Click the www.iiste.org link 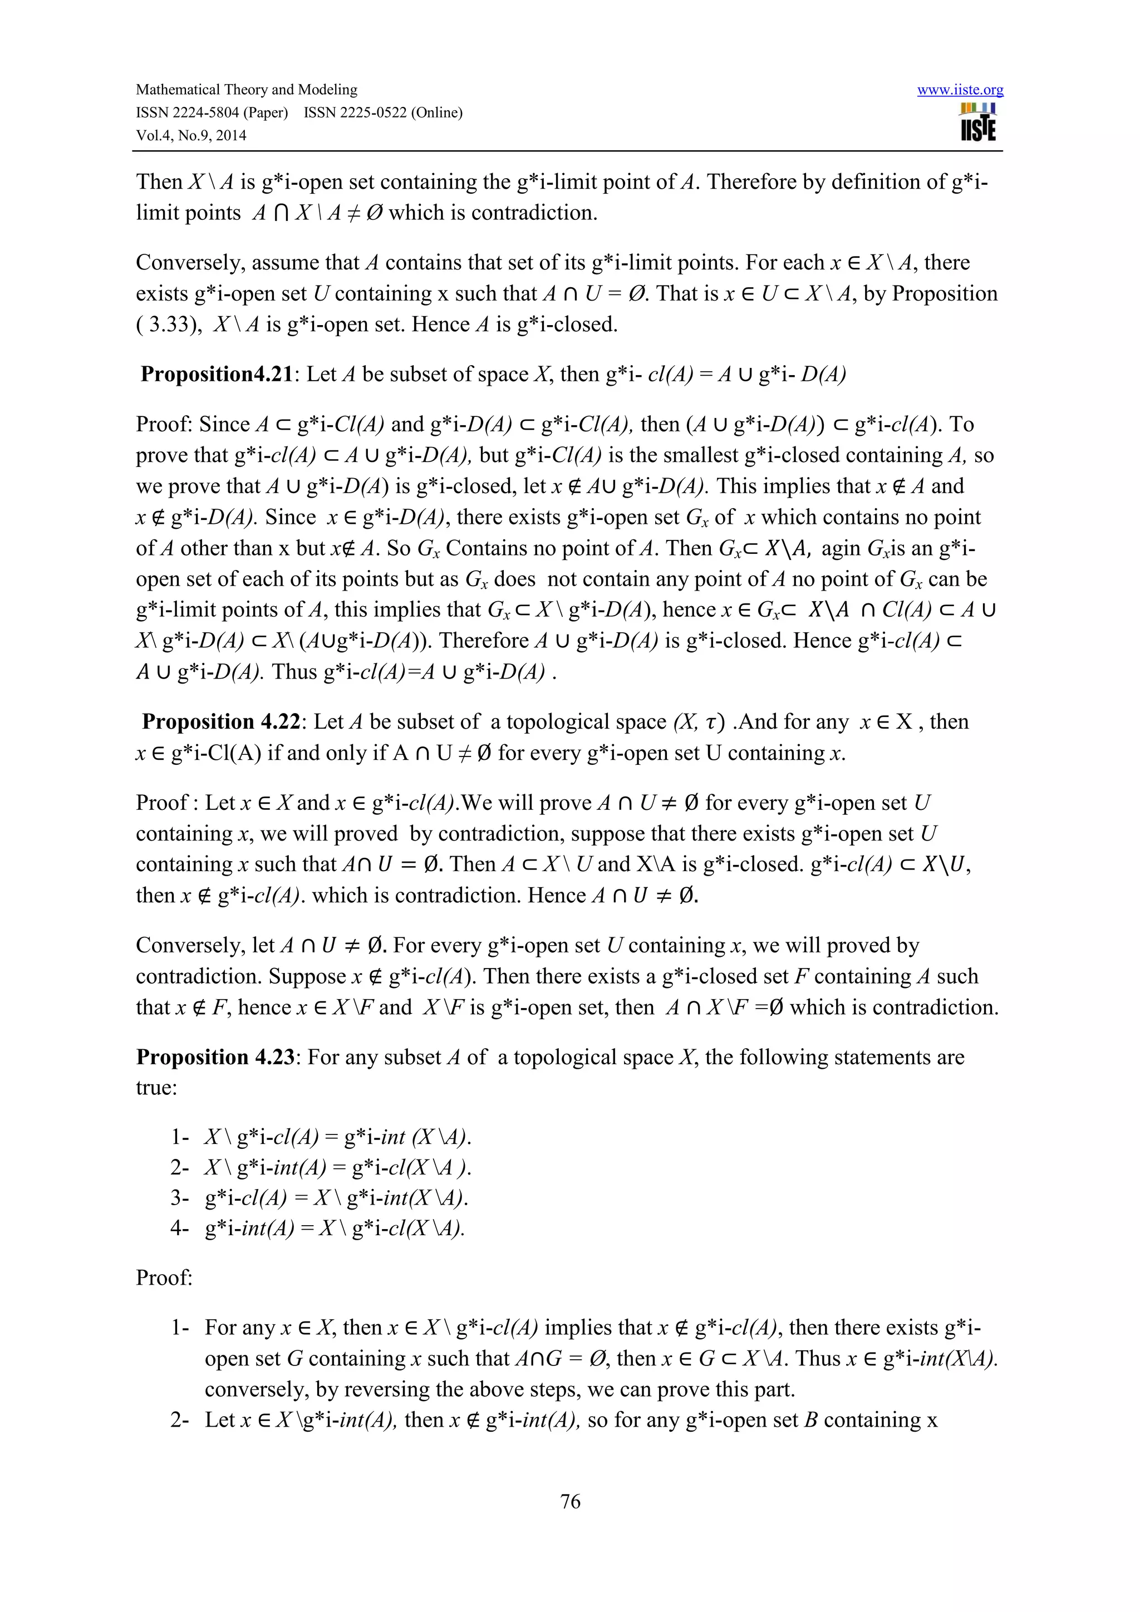pos(960,90)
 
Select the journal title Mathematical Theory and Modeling pos(247,90)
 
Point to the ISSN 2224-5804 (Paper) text pos(212,113)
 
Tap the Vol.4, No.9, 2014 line pos(191,135)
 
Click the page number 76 pos(570,1501)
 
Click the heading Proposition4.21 pos(216,374)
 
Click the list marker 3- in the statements pos(180,1198)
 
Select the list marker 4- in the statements pos(180,1228)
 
